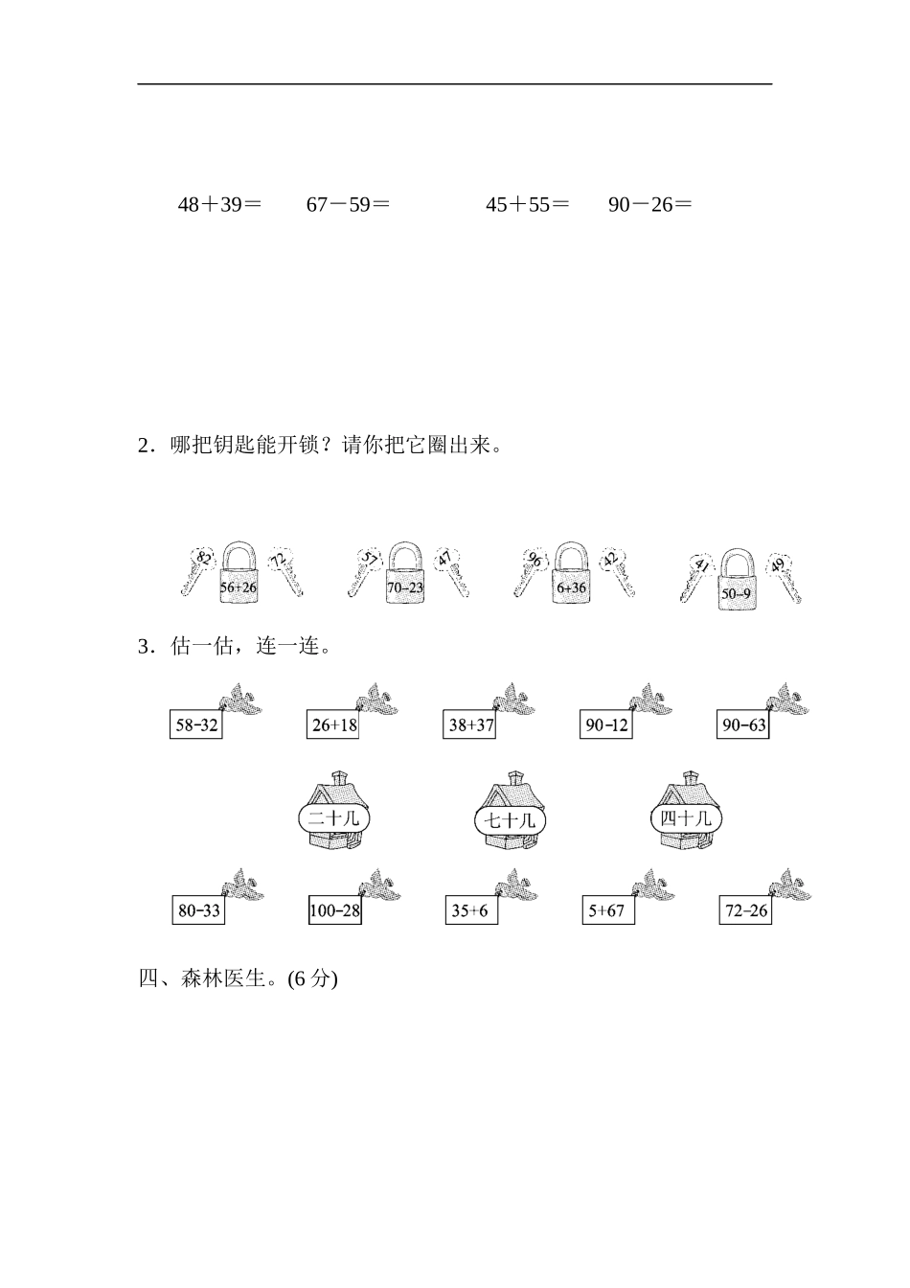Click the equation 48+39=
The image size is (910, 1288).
tap(219, 204)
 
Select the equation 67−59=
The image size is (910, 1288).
tap(348, 204)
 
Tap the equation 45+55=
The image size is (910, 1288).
tap(527, 204)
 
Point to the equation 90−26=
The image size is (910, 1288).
tap(649, 204)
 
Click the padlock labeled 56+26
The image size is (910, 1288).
tap(239, 575)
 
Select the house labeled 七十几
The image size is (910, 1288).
tap(511, 813)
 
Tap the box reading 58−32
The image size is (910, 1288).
tap(196, 725)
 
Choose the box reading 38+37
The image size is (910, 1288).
tap(470, 725)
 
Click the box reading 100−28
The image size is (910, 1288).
tap(334, 910)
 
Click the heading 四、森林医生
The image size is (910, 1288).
tap(239, 978)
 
